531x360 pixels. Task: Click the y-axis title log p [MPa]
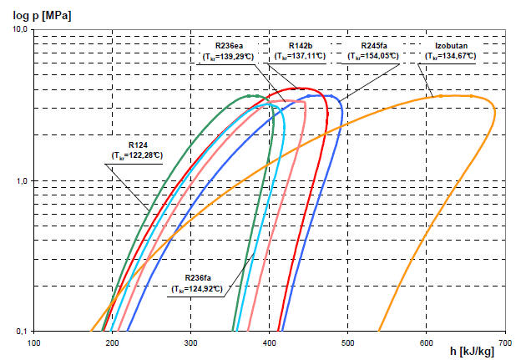[42, 16]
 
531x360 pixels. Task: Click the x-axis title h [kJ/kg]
[472, 351]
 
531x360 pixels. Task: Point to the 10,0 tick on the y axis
[20, 29]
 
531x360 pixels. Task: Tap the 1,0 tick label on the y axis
[22, 181]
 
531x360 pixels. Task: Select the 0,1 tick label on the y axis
[22, 332]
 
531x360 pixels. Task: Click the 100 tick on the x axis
[33, 343]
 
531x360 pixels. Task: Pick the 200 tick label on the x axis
[112, 343]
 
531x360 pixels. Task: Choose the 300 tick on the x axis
[190, 343]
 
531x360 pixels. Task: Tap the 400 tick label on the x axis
[269, 343]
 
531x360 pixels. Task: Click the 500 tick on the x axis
[348, 343]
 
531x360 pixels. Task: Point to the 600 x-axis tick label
[427, 343]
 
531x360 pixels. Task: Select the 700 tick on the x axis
[505, 343]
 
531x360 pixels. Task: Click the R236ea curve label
[229, 46]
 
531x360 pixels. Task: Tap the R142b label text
[301, 46]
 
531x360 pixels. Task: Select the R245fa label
[374, 46]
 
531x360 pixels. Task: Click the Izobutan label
[451, 46]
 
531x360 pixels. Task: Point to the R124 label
[138, 145]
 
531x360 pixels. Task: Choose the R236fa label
[198, 278]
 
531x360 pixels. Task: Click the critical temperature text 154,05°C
[382, 56]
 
